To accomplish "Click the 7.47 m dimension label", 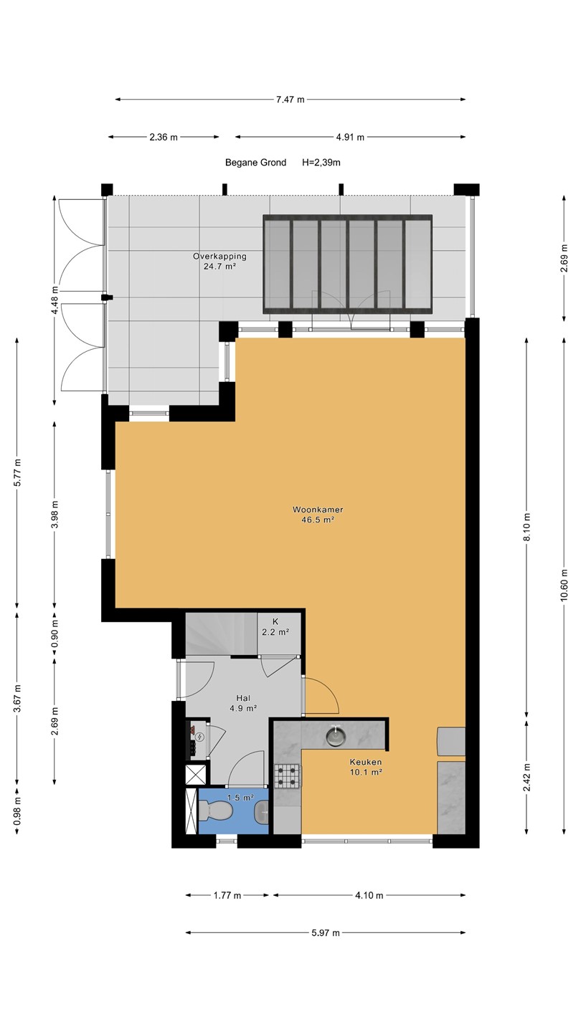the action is (290, 99).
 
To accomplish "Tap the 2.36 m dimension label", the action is (164, 137).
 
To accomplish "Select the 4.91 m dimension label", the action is (350, 137).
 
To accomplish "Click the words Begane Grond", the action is (255, 162).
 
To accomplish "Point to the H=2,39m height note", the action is (321, 162).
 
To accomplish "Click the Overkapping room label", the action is (219, 256).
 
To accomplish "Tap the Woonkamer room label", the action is (318, 510).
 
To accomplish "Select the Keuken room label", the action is (366, 762).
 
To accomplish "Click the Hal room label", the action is (243, 698).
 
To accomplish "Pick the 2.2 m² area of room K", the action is (275, 632).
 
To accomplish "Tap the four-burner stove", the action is (287, 776).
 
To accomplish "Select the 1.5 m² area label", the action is (241, 797).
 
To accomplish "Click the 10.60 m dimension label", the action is (565, 585).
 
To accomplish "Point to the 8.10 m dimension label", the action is (527, 527).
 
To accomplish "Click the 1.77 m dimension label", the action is (227, 896).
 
